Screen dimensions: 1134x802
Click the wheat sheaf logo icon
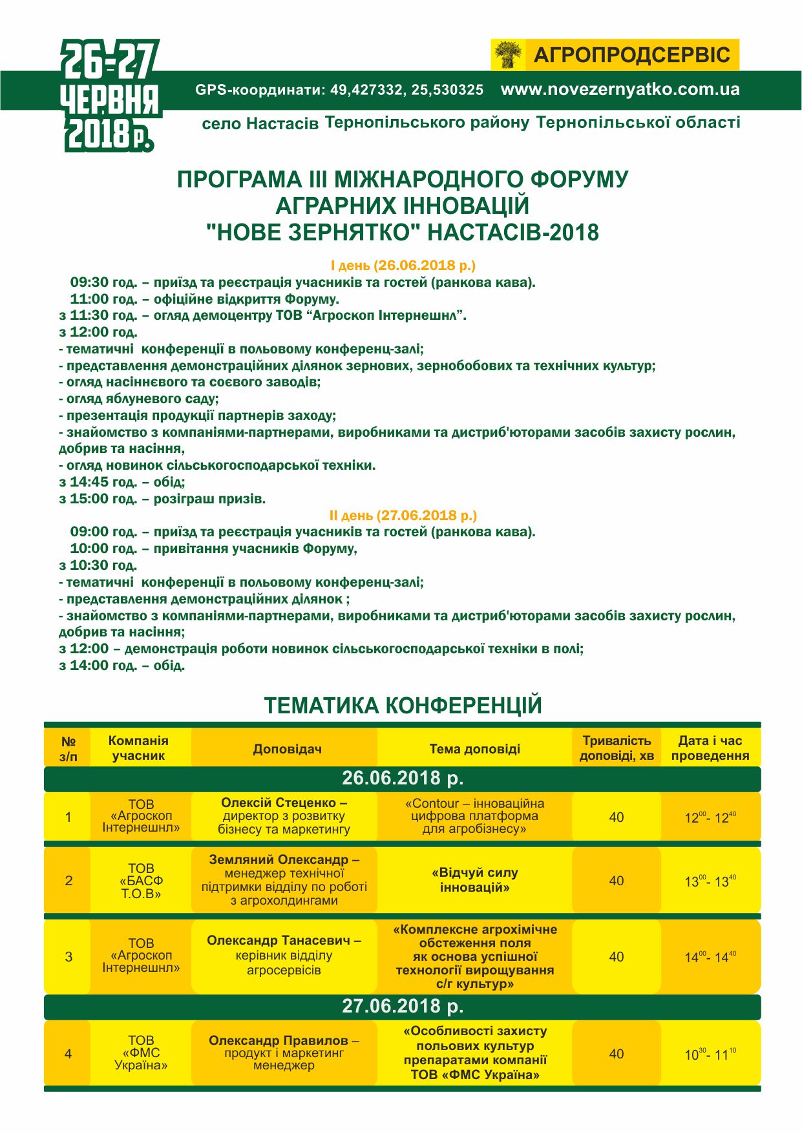(509, 55)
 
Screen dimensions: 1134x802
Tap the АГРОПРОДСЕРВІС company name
(631, 55)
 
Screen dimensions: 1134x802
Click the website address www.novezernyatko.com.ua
(620, 90)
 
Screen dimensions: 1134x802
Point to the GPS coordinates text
(339, 90)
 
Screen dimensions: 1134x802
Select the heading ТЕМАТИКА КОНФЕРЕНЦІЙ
(403, 706)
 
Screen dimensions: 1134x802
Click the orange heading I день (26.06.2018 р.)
(403, 266)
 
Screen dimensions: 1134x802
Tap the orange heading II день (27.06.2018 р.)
(403, 516)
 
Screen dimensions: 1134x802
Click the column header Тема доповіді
(474, 749)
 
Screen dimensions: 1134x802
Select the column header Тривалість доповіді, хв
(617, 748)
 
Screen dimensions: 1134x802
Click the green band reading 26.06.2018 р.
(403, 778)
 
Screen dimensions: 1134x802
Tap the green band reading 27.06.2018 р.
(403, 1006)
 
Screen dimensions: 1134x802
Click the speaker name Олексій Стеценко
(279, 803)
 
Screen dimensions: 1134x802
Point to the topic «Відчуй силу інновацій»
(474, 880)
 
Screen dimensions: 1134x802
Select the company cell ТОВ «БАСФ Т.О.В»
(141, 881)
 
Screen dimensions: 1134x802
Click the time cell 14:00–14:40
(710, 957)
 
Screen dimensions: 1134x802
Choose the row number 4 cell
(69, 1054)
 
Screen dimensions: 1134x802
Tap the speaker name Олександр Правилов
(279, 1040)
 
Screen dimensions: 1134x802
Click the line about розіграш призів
(162, 499)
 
